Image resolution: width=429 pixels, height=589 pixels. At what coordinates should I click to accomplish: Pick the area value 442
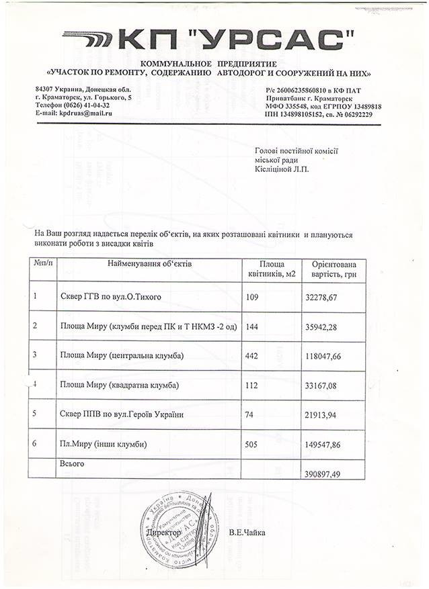tap(253, 355)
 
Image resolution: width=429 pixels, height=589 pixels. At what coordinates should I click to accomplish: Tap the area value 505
tap(253, 444)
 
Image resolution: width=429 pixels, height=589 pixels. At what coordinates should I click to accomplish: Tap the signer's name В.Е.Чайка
tap(247, 533)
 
